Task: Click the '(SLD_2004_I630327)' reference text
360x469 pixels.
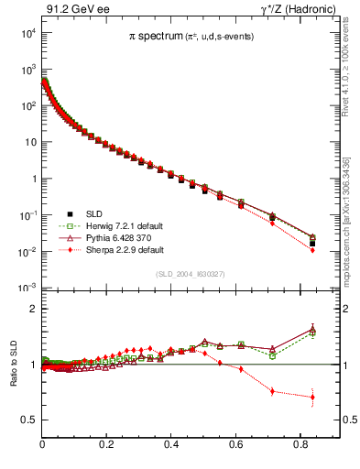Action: click(x=189, y=274)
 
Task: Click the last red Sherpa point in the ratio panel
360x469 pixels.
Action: click(x=313, y=398)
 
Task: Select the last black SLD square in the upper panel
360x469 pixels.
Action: click(x=313, y=243)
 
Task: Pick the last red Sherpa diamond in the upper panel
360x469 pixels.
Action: click(x=313, y=250)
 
